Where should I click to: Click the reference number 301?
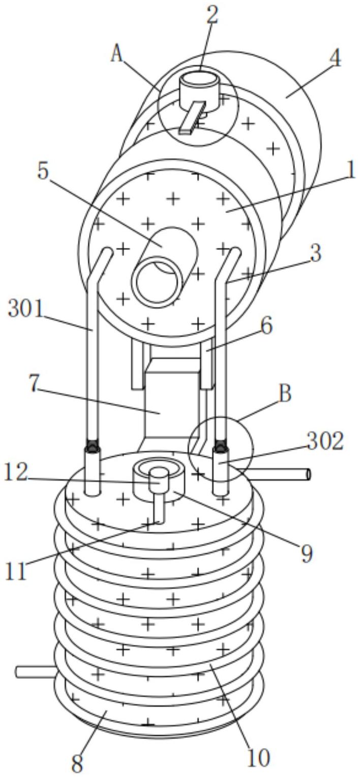[x=26, y=309]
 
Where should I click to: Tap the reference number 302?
[x=325, y=442]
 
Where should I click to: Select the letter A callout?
[x=117, y=54]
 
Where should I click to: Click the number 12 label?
[x=16, y=474]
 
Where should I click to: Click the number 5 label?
[x=43, y=171]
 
